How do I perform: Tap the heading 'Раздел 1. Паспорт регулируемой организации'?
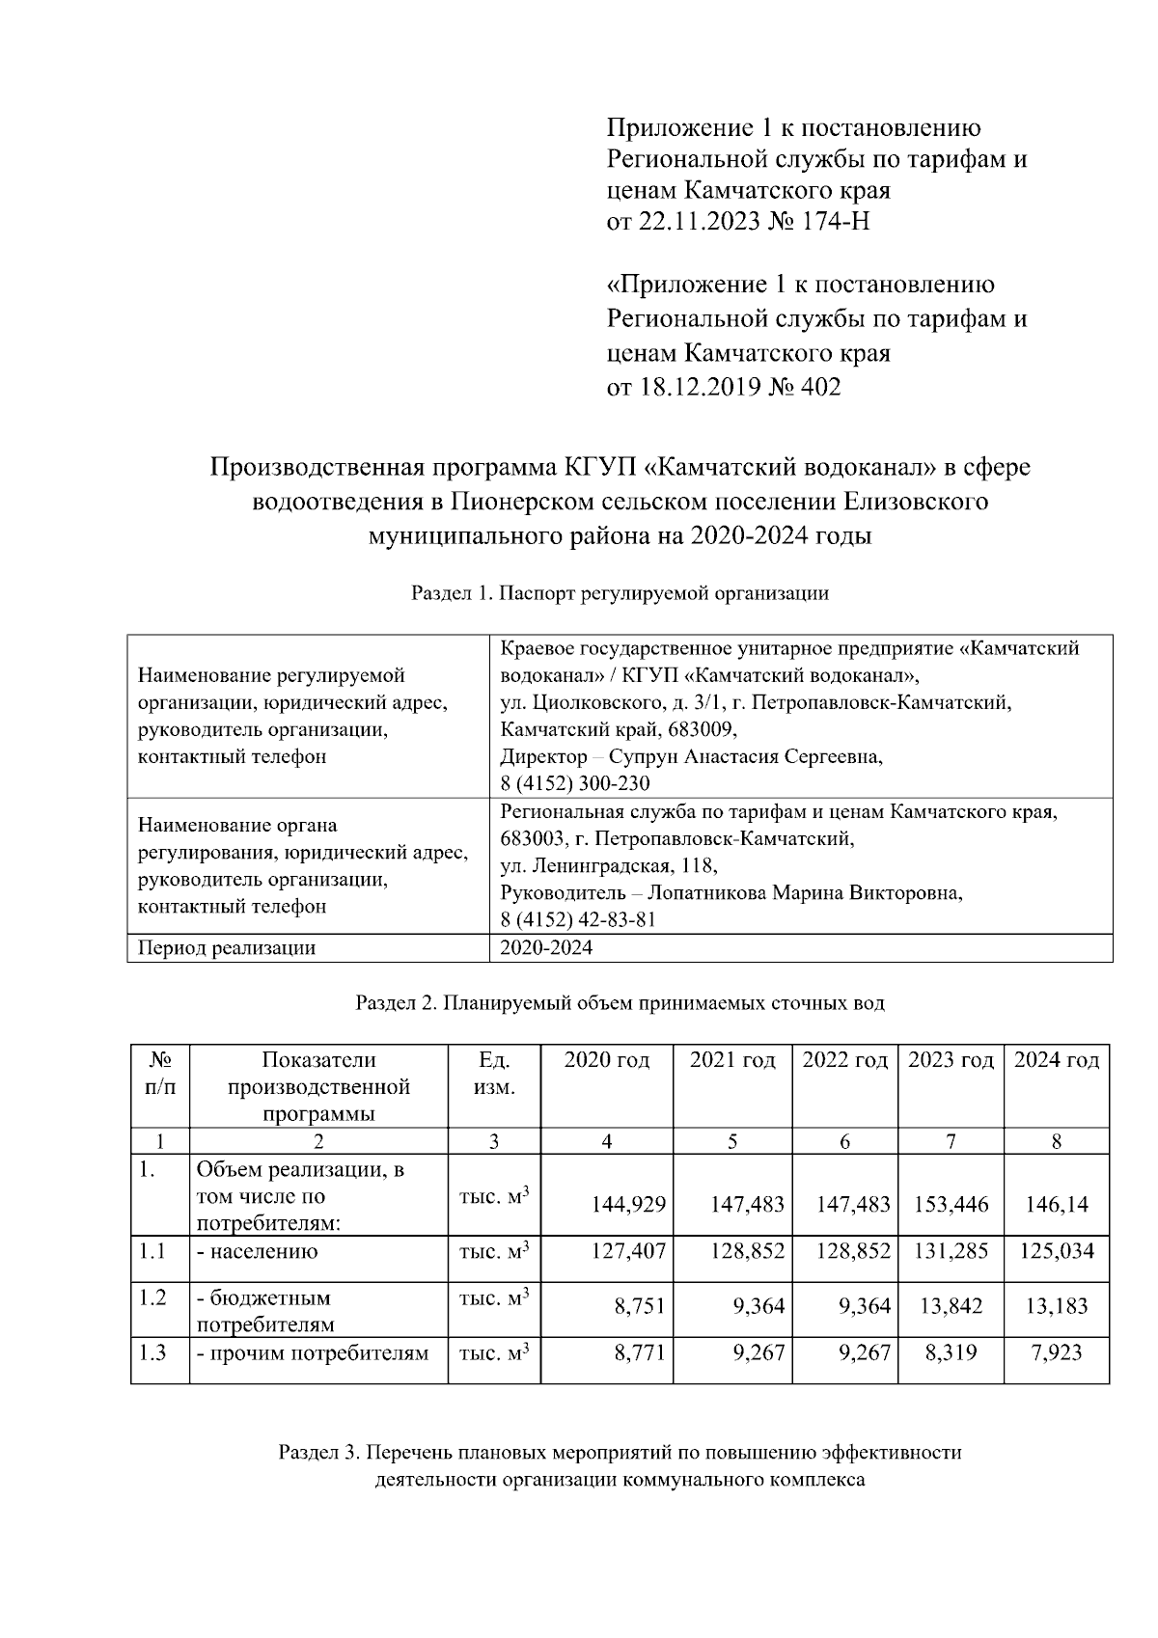click(620, 593)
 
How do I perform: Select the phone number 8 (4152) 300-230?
click(575, 783)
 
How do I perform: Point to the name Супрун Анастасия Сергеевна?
click(768, 756)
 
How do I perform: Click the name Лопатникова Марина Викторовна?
click(809, 893)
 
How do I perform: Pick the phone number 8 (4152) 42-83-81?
click(578, 920)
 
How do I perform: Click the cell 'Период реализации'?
click(227, 948)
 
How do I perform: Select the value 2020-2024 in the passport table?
click(546, 948)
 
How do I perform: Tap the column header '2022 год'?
click(844, 1060)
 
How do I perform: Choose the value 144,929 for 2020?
click(628, 1205)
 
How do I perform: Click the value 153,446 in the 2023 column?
click(951, 1205)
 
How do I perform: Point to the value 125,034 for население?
click(1057, 1252)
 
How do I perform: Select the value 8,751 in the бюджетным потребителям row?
click(640, 1307)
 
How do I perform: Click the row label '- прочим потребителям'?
click(313, 1353)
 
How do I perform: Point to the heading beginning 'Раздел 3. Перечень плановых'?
click(620, 1452)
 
